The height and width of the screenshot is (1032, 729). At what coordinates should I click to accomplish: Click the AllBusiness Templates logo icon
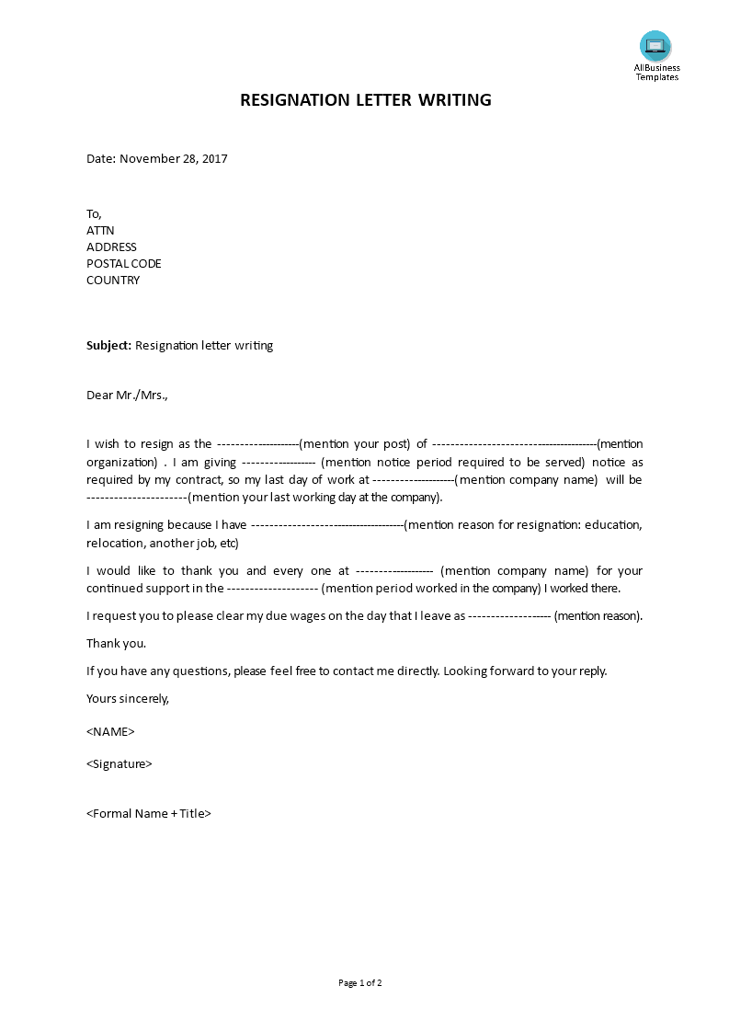pos(655,45)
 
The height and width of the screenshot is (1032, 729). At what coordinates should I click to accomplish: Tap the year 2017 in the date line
pos(214,158)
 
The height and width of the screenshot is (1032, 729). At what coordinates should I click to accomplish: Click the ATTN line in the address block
pos(100,230)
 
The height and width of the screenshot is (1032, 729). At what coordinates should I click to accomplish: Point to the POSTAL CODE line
pos(123,263)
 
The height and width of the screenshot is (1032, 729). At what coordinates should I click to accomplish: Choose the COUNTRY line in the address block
pos(113,280)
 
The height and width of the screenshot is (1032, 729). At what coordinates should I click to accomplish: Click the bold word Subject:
pos(109,346)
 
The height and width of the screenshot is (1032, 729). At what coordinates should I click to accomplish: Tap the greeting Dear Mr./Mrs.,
pos(128,396)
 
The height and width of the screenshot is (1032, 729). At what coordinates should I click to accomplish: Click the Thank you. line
pos(116,644)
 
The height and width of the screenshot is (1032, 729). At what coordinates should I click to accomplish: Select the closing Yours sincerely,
pos(128,698)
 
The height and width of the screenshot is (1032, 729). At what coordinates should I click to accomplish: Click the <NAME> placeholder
pos(110,731)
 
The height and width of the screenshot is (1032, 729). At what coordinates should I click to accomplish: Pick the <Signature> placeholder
pos(120,763)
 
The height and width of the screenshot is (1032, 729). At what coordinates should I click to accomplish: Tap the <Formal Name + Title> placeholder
pos(149,813)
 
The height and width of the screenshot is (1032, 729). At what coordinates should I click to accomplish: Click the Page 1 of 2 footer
pos(360,982)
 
